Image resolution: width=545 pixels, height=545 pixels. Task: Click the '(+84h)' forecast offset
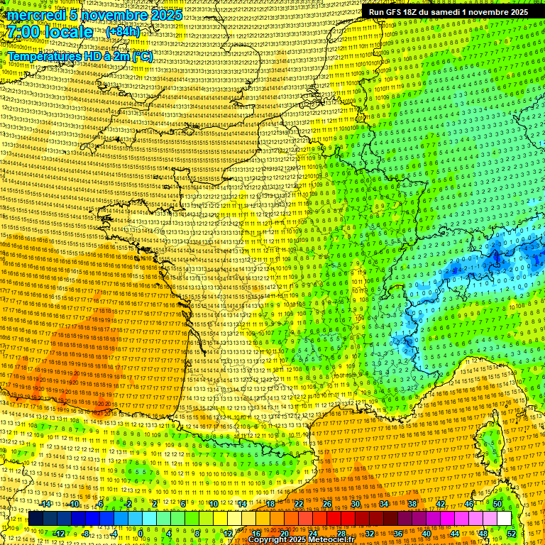click(123, 32)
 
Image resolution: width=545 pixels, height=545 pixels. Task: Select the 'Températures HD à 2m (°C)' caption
click(79, 56)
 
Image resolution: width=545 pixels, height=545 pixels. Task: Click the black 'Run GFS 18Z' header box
click(448, 12)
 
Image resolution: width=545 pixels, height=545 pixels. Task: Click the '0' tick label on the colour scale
click(141, 533)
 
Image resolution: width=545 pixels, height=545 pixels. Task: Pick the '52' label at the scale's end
click(512, 533)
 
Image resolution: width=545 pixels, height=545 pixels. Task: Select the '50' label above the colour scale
click(497, 504)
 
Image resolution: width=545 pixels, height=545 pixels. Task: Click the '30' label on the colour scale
click(356, 504)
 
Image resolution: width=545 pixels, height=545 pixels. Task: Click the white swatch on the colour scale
click(504, 519)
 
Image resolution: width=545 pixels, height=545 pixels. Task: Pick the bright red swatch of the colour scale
click(334, 519)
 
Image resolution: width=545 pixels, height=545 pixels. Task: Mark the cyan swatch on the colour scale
click(136, 519)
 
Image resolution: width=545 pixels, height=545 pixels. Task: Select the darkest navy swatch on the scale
click(36, 519)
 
